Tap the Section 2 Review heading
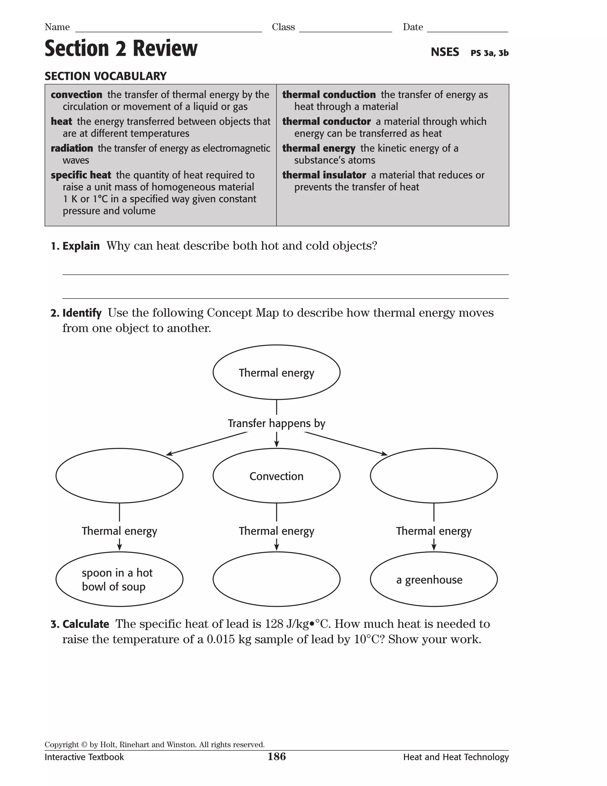coord(121,49)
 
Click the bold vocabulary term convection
coord(76,95)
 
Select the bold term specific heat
coord(81,175)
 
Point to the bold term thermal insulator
coord(324,175)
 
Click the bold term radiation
coord(71,148)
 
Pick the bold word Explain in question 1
coord(81,246)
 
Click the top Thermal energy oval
coord(276,372)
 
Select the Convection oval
coord(276,476)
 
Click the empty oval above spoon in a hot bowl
coord(119,476)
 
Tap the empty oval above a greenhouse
coord(434,476)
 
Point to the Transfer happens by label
coord(276,424)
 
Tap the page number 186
coord(277,757)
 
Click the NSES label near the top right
coord(445,52)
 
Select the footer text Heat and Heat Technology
coord(456,757)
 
